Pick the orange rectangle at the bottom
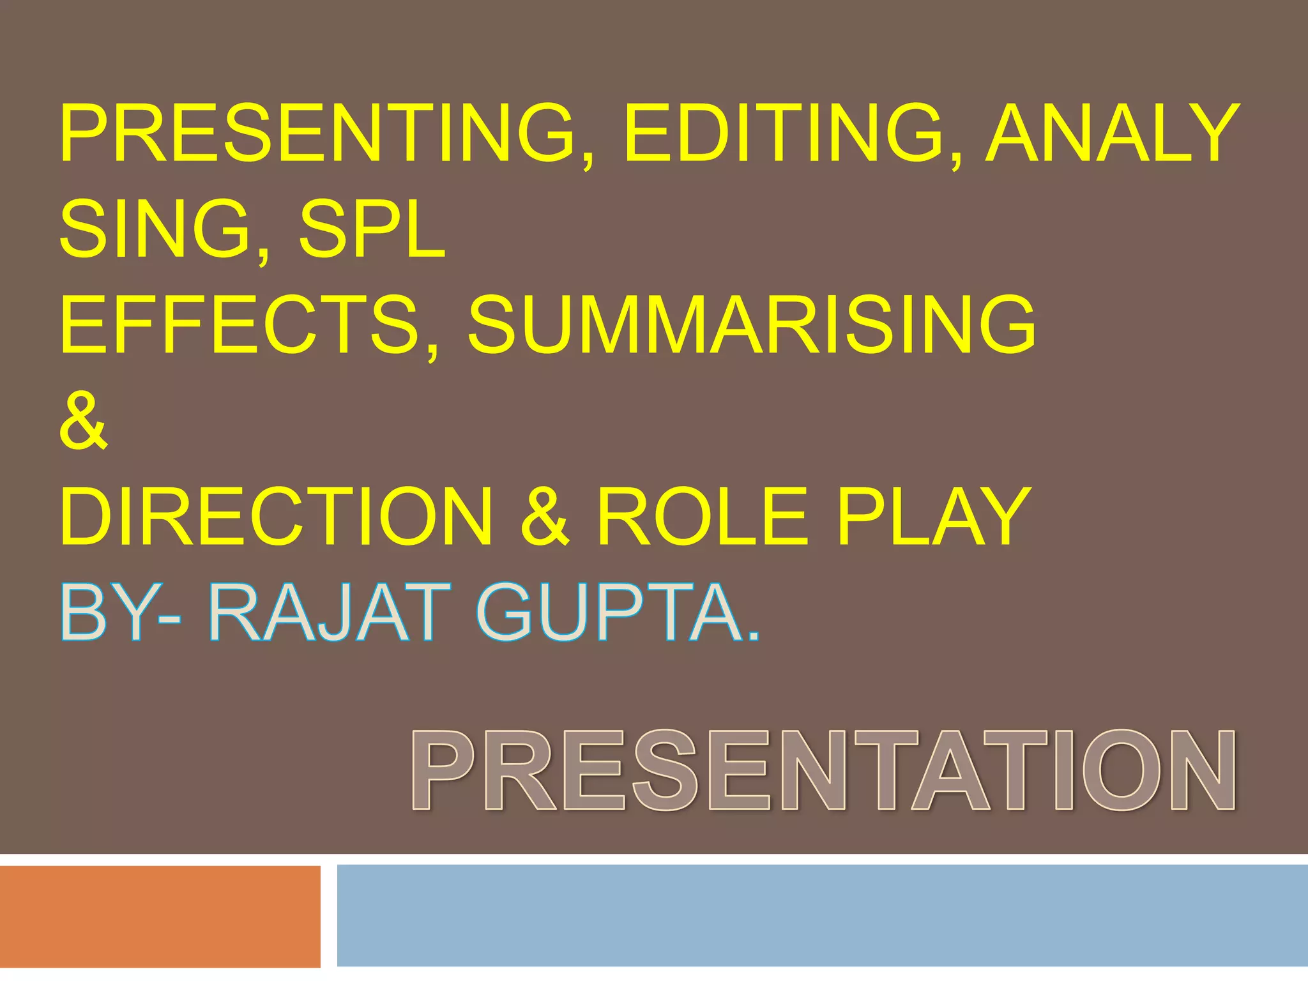tap(160, 916)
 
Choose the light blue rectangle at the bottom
tap(821, 915)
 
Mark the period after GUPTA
tap(754, 635)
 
